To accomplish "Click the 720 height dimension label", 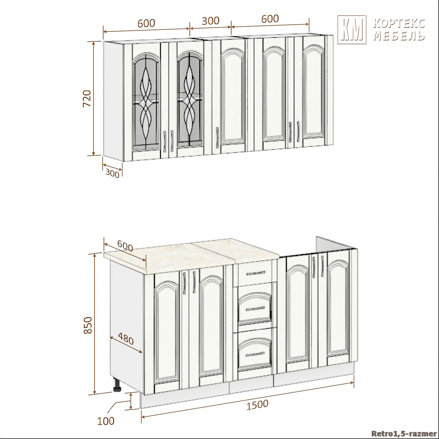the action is click(87, 99).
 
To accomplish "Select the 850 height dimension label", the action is click(88, 325).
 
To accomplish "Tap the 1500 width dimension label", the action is click(257, 405).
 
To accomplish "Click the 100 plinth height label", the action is click(106, 421).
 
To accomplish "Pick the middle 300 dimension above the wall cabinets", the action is click(210, 21).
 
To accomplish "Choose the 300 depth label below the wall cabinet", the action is click(112, 173).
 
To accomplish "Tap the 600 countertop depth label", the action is click(125, 246).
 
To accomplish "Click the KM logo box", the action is click(352, 30).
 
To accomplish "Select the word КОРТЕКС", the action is click(399, 23).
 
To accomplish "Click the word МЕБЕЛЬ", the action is click(399, 35).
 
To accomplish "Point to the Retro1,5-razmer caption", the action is click(404, 433).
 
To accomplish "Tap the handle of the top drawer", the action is click(255, 273).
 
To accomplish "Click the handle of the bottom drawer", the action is click(255, 354).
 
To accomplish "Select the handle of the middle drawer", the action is click(255, 308).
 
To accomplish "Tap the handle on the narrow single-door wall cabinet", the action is click(217, 136).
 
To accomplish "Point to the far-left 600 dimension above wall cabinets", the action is click(146, 23).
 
